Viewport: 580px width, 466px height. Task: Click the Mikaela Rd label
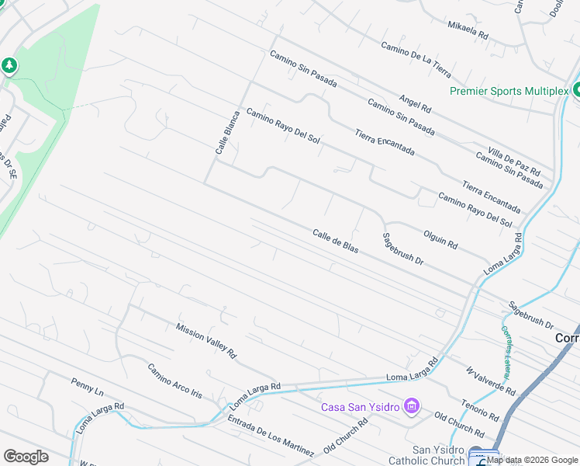[468, 30]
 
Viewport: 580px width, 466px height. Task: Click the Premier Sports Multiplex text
[509, 91]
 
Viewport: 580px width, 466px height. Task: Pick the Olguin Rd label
[440, 238]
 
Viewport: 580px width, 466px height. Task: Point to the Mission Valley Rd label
[205, 340]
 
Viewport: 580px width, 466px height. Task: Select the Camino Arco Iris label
[174, 381]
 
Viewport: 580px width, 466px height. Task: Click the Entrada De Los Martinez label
[271, 435]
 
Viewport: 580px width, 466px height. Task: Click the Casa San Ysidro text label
[361, 407]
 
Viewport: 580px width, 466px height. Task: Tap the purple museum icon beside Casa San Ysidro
[412, 406]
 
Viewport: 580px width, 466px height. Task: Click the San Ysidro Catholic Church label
[438, 455]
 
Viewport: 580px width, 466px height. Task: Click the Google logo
[26, 457]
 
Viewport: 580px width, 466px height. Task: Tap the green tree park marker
[9, 65]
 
